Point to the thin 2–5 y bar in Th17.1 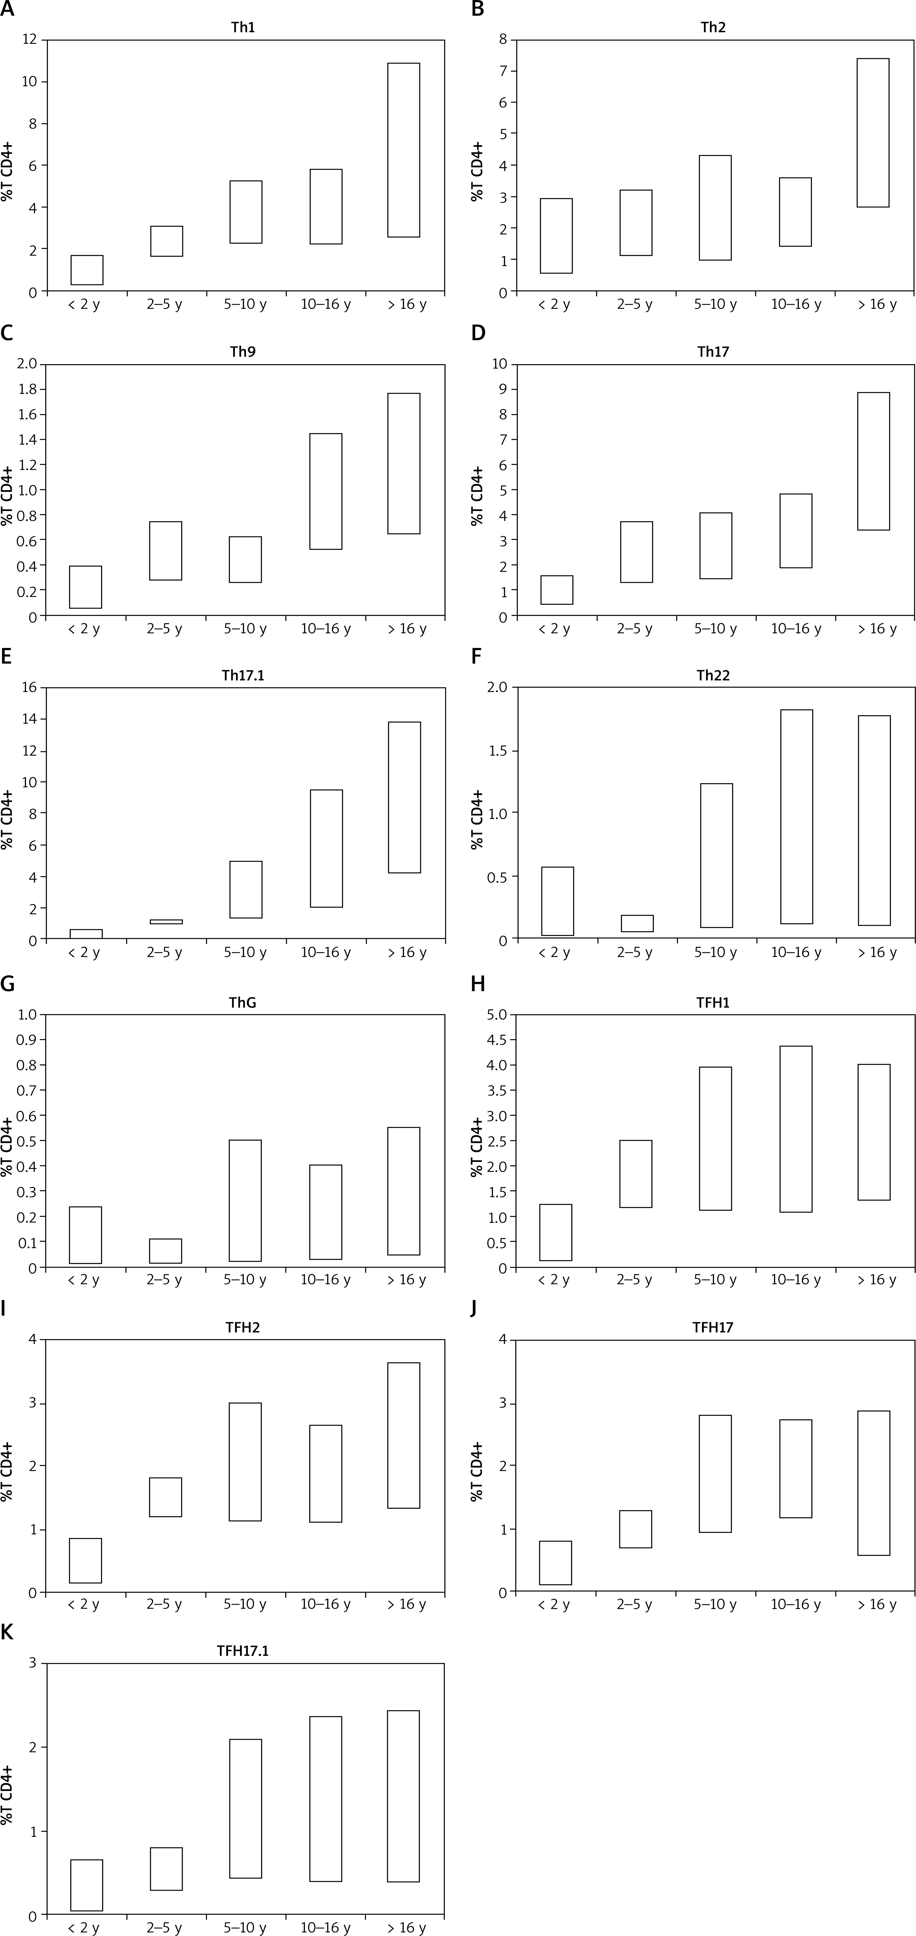(x=166, y=921)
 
